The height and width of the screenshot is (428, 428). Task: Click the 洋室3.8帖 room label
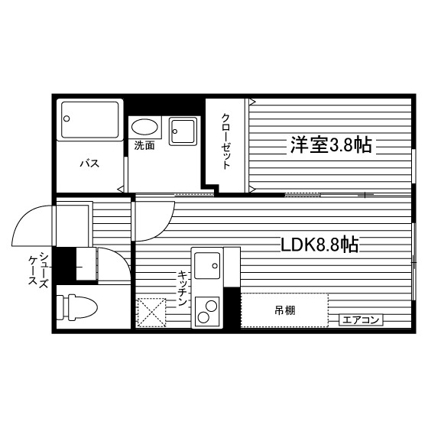point(330,145)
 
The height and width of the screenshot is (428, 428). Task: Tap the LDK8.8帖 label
point(320,245)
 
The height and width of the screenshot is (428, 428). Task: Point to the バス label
point(90,164)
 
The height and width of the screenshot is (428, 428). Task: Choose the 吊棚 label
point(285,310)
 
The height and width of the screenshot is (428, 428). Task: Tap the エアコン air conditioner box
point(361,319)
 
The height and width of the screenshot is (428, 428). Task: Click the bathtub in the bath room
point(91,119)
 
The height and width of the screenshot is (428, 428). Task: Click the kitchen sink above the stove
point(206,266)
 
